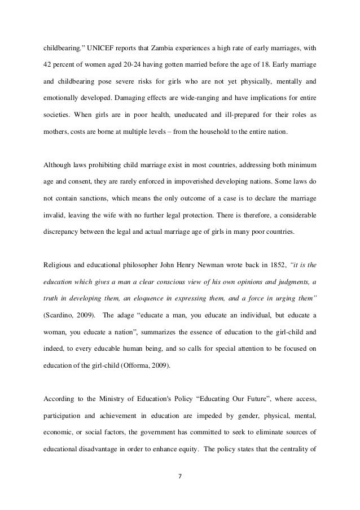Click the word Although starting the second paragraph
pos(59,165)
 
